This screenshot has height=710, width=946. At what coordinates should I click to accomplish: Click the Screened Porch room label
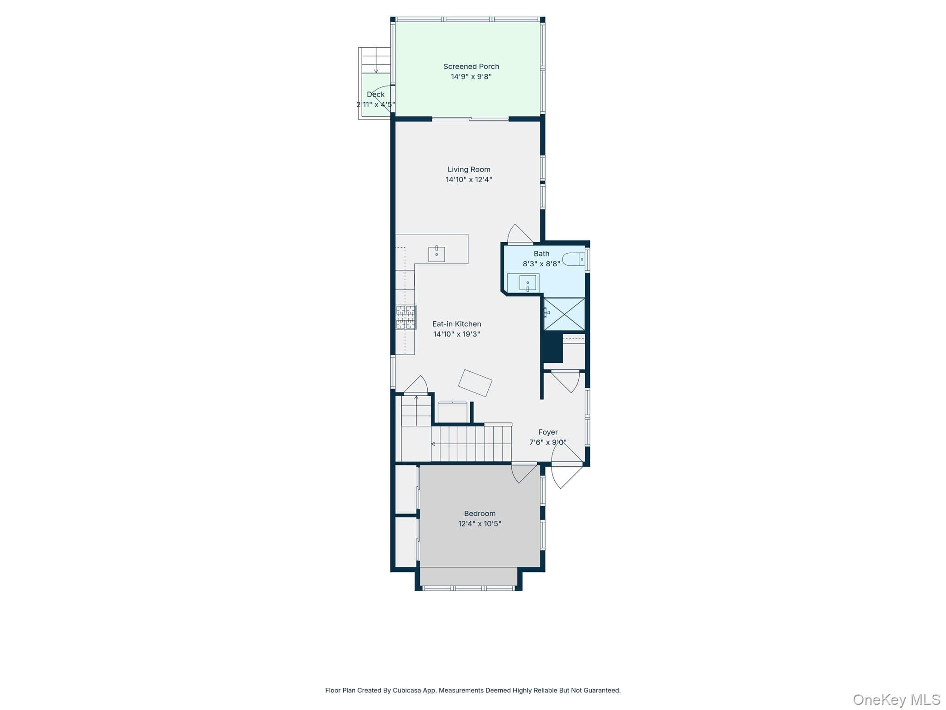pos(471,67)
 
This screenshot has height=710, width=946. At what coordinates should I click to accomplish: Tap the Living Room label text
pos(469,170)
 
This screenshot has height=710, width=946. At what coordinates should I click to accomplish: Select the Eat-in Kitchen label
pos(457,324)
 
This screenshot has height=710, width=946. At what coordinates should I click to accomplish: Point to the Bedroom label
pos(480,514)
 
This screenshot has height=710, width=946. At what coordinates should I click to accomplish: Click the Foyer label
pos(548,432)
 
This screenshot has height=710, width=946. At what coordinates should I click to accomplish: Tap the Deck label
pos(376,94)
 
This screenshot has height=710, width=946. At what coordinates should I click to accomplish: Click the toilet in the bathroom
pos(573,259)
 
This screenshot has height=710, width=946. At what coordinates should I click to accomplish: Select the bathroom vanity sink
pos(528,282)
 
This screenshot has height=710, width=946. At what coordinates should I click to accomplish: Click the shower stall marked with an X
pos(564,314)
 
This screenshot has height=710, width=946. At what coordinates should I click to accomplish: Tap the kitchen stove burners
pos(406,317)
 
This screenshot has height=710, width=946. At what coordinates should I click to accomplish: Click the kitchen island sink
pos(437,254)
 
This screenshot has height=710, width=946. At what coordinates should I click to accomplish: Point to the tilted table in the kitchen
pos(475,383)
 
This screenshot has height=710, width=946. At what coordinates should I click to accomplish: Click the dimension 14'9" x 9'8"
pos(471,77)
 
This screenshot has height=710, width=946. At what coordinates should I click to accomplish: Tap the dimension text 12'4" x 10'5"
pos(480,524)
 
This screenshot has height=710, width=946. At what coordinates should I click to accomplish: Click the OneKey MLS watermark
pos(896,699)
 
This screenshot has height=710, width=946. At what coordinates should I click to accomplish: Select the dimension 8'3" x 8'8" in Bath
pos(541,264)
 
